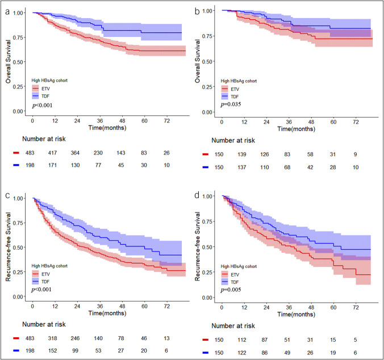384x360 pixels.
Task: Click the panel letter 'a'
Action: click(7, 11)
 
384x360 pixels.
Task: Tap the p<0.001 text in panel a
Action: click(42, 106)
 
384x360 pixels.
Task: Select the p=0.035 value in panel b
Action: click(231, 104)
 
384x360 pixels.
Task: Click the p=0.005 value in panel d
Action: click(231, 290)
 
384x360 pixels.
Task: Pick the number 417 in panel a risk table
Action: click(52, 153)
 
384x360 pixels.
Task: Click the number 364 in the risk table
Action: click(75, 153)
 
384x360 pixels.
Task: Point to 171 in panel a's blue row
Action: click(52, 165)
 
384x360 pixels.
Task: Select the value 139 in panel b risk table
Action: click(242, 154)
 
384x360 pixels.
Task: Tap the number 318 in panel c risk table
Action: click(52, 338)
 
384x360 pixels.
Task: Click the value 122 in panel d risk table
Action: click(242, 353)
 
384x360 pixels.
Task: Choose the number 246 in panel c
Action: click(75, 338)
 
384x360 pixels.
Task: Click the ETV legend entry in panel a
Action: click(41, 89)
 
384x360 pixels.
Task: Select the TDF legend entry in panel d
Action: click(230, 282)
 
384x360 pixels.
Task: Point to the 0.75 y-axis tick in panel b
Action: click(207, 36)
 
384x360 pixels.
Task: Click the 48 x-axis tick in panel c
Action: click(122, 307)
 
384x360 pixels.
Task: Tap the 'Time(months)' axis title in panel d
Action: click(296, 314)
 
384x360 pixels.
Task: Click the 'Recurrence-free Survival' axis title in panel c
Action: click(8, 247)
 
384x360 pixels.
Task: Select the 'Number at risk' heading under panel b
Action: click(233, 140)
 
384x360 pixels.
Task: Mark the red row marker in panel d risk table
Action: click(206, 340)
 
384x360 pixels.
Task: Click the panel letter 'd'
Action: click(197, 195)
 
